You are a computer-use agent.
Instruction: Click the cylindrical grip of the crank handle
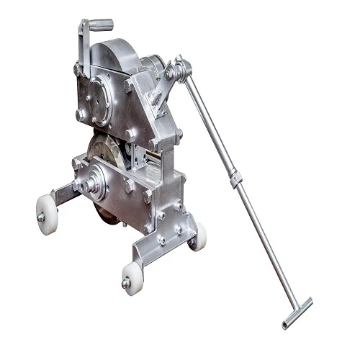click(99, 24)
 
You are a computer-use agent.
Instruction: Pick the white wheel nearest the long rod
click(197, 235)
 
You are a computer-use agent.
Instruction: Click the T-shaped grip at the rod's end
click(297, 313)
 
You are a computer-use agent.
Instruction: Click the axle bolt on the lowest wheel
click(127, 282)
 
